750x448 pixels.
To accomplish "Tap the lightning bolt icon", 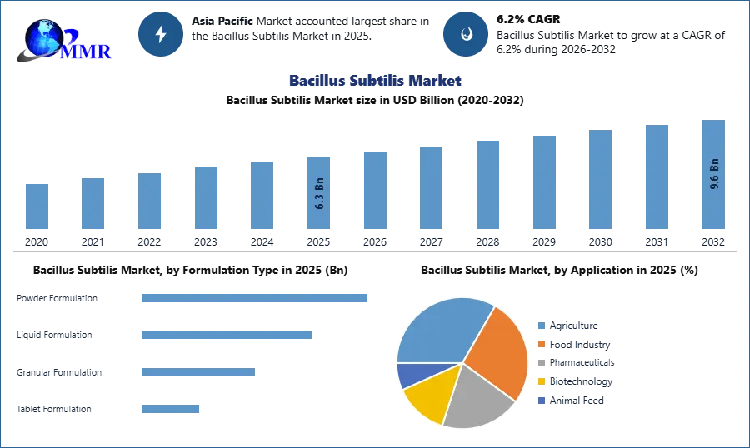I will pyautogui.click(x=161, y=33).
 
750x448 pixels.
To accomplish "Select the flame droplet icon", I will pyautogui.click(x=467, y=34).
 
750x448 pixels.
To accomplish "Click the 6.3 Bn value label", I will pyautogui.click(x=320, y=193).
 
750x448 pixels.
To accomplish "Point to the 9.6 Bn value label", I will pyautogui.click(x=714, y=173).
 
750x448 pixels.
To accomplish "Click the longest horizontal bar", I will pyautogui.click(x=256, y=300).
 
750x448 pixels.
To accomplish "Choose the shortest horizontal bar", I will pyautogui.click(x=170, y=407).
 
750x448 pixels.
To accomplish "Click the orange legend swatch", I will pyautogui.click(x=541, y=345).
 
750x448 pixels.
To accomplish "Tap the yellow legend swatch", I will pyautogui.click(x=541, y=382).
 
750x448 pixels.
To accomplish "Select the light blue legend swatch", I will pyautogui.click(x=541, y=326).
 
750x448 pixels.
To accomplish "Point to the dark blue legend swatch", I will pyautogui.click(x=541, y=400).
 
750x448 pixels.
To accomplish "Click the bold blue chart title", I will pyautogui.click(x=376, y=81).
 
